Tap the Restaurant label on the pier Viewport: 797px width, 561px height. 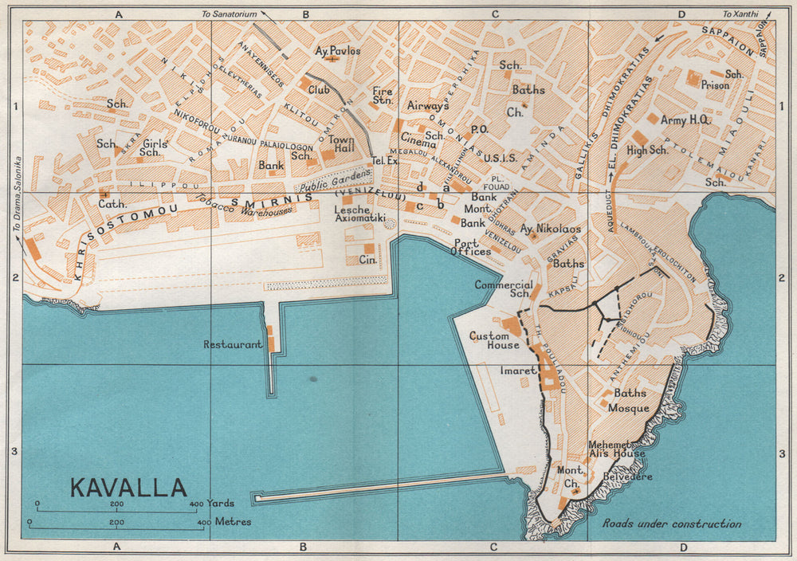point(233,345)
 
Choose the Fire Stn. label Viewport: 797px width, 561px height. point(383,96)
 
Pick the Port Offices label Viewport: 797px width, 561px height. point(473,247)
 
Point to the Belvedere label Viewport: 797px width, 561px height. point(626,477)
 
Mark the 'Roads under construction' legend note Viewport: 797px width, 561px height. point(672,524)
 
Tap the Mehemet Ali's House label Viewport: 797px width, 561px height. point(617,449)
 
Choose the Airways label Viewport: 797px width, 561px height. point(429,105)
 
